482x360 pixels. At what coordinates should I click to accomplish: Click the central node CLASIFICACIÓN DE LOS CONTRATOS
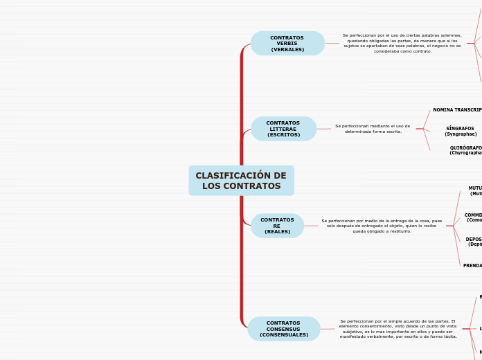(x=241, y=181)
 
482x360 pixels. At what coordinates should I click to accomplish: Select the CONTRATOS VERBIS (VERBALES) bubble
(x=287, y=44)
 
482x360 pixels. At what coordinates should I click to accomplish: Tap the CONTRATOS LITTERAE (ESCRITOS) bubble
(x=283, y=129)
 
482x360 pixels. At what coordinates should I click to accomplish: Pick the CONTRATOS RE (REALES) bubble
(x=277, y=226)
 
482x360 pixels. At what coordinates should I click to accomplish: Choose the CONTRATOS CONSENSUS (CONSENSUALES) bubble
(x=284, y=329)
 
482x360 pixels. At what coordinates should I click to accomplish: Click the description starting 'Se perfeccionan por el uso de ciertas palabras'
(x=402, y=43)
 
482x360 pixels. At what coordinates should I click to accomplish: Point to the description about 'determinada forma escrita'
(x=373, y=129)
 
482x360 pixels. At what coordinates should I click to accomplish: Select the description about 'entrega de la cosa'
(x=382, y=226)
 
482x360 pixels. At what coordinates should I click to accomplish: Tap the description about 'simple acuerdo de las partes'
(x=398, y=329)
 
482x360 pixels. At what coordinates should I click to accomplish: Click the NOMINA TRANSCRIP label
(x=457, y=110)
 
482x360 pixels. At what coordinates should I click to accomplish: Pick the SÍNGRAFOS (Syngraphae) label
(x=460, y=131)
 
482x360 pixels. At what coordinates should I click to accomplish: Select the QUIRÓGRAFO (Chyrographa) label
(x=465, y=150)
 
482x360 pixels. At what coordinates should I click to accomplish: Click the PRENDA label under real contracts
(x=472, y=266)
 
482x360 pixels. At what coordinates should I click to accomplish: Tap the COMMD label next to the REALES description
(x=473, y=217)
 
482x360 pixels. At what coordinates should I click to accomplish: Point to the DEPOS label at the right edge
(x=474, y=242)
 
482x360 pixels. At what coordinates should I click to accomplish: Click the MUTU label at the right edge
(x=475, y=190)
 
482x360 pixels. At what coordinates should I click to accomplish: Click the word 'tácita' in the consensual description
(x=449, y=336)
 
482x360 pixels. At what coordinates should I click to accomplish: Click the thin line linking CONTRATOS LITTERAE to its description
(x=323, y=129)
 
